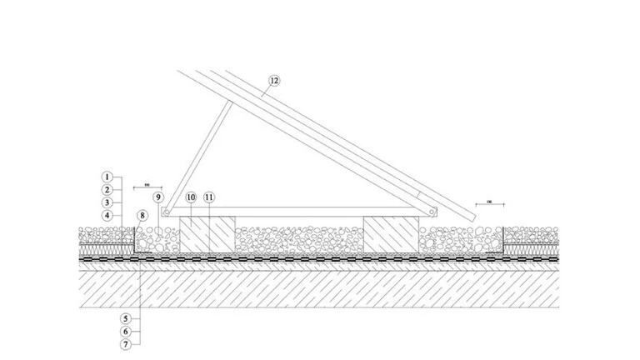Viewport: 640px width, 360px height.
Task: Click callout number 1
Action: point(107,177)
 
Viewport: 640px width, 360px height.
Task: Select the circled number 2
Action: point(107,189)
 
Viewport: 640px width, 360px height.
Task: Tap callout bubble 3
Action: point(107,202)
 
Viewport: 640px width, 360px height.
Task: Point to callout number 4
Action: point(107,215)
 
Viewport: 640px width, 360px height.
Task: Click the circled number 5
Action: point(124,317)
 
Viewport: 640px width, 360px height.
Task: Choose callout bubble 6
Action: point(124,330)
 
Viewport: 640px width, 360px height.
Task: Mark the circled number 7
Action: point(124,343)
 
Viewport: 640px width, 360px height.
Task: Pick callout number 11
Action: point(209,197)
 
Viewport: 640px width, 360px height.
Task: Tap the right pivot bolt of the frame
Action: point(432,212)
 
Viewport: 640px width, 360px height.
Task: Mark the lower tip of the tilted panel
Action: point(472,218)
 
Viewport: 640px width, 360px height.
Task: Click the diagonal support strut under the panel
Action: point(196,158)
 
